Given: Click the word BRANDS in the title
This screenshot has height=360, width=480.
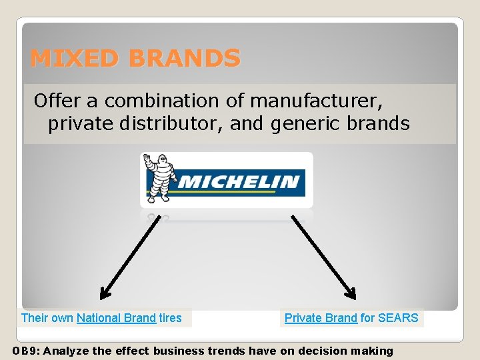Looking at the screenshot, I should pyautogui.click(x=185, y=59).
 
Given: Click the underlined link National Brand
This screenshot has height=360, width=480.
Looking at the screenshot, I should pyautogui.click(x=116, y=318).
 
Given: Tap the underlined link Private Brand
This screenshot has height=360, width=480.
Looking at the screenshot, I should pyautogui.click(x=321, y=318).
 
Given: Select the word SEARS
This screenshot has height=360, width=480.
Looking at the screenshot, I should pyautogui.click(x=398, y=318).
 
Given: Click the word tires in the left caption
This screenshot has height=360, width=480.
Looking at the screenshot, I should pyautogui.click(x=170, y=318).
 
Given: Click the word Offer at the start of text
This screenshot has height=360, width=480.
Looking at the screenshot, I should pyautogui.click(x=58, y=101).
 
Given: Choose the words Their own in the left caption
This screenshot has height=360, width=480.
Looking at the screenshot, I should pyautogui.click(x=47, y=318).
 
